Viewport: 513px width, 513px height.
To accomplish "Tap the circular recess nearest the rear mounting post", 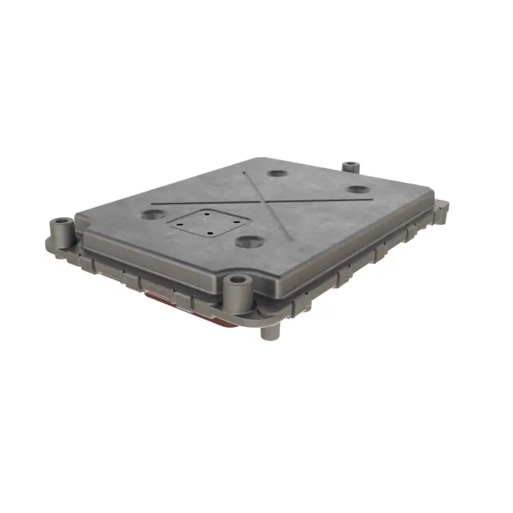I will point(358,190).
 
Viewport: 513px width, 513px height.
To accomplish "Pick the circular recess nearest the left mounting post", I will point(153,215).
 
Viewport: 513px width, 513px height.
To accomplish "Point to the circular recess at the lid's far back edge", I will point(277,173).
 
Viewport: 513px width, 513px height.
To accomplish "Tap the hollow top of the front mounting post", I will point(236,280).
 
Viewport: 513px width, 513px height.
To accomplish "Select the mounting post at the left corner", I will point(62,232).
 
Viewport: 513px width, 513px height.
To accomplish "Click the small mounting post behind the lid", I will point(350,168).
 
